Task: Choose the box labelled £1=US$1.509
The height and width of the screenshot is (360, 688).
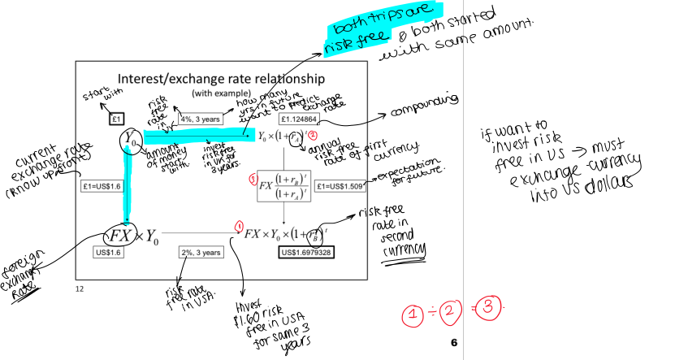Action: coord(344,184)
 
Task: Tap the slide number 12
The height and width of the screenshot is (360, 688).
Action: coord(80,289)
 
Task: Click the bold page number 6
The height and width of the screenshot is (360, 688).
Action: coord(454,343)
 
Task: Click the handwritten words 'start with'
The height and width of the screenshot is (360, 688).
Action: coord(97,98)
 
